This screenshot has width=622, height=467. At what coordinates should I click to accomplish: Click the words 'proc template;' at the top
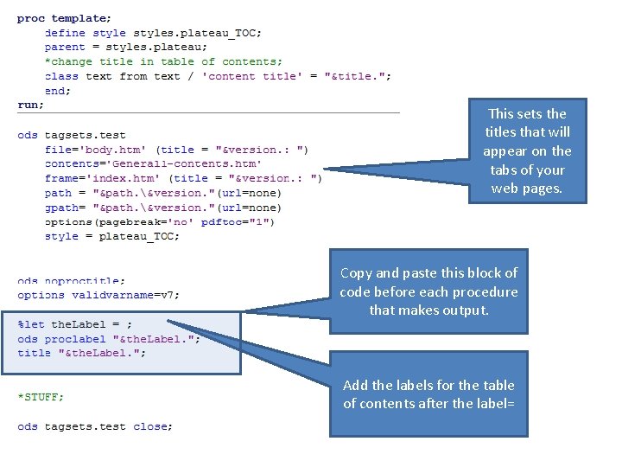(x=64, y=18)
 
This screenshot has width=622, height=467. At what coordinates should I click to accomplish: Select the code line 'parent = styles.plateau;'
(x=126, y=47)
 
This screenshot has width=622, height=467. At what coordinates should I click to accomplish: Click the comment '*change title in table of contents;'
(x=163, y=61)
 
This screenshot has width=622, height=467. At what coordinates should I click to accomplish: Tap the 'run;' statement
(x=30, y=105)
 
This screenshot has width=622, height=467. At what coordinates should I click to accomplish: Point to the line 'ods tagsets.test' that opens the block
(x=71, y=135)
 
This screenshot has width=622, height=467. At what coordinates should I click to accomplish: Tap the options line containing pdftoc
(x=160, y=222)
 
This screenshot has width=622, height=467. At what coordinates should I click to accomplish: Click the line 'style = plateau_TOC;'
(x=111, y=236)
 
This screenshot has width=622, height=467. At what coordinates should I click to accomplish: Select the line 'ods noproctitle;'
(x=71, y=281)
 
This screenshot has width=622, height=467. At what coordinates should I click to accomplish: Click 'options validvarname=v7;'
(x=98, y=295)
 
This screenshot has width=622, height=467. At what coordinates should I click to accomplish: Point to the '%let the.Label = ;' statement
(x=76, y=324)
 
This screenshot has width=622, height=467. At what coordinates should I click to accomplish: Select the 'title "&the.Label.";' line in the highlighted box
(x=82, y=353)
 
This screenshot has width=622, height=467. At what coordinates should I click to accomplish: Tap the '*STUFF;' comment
(x=41, y=397)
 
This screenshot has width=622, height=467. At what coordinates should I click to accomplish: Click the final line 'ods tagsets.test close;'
(x=95, y=426)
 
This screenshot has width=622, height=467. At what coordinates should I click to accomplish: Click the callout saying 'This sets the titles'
(x=527, y=151)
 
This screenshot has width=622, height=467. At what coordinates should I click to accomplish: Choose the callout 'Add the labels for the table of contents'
(x=428, y=394)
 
